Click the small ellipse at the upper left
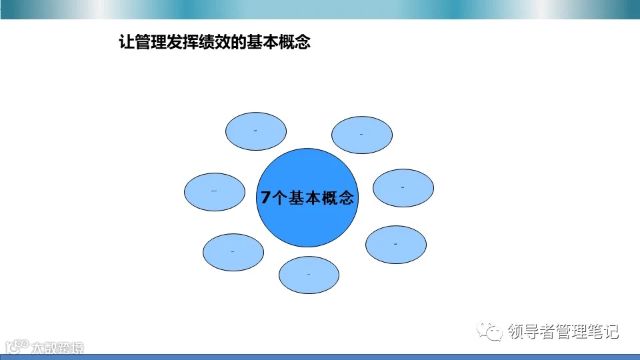tap(256, 131)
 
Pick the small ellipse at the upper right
tap(362, 135)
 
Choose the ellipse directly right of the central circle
tap(403, 188)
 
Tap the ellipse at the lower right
tap(395, 244)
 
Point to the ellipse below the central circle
tap(309, 275)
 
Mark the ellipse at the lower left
tap(233, 252)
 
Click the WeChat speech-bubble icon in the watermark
tap(493, 331)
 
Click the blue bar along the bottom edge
tap(320, 357)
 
